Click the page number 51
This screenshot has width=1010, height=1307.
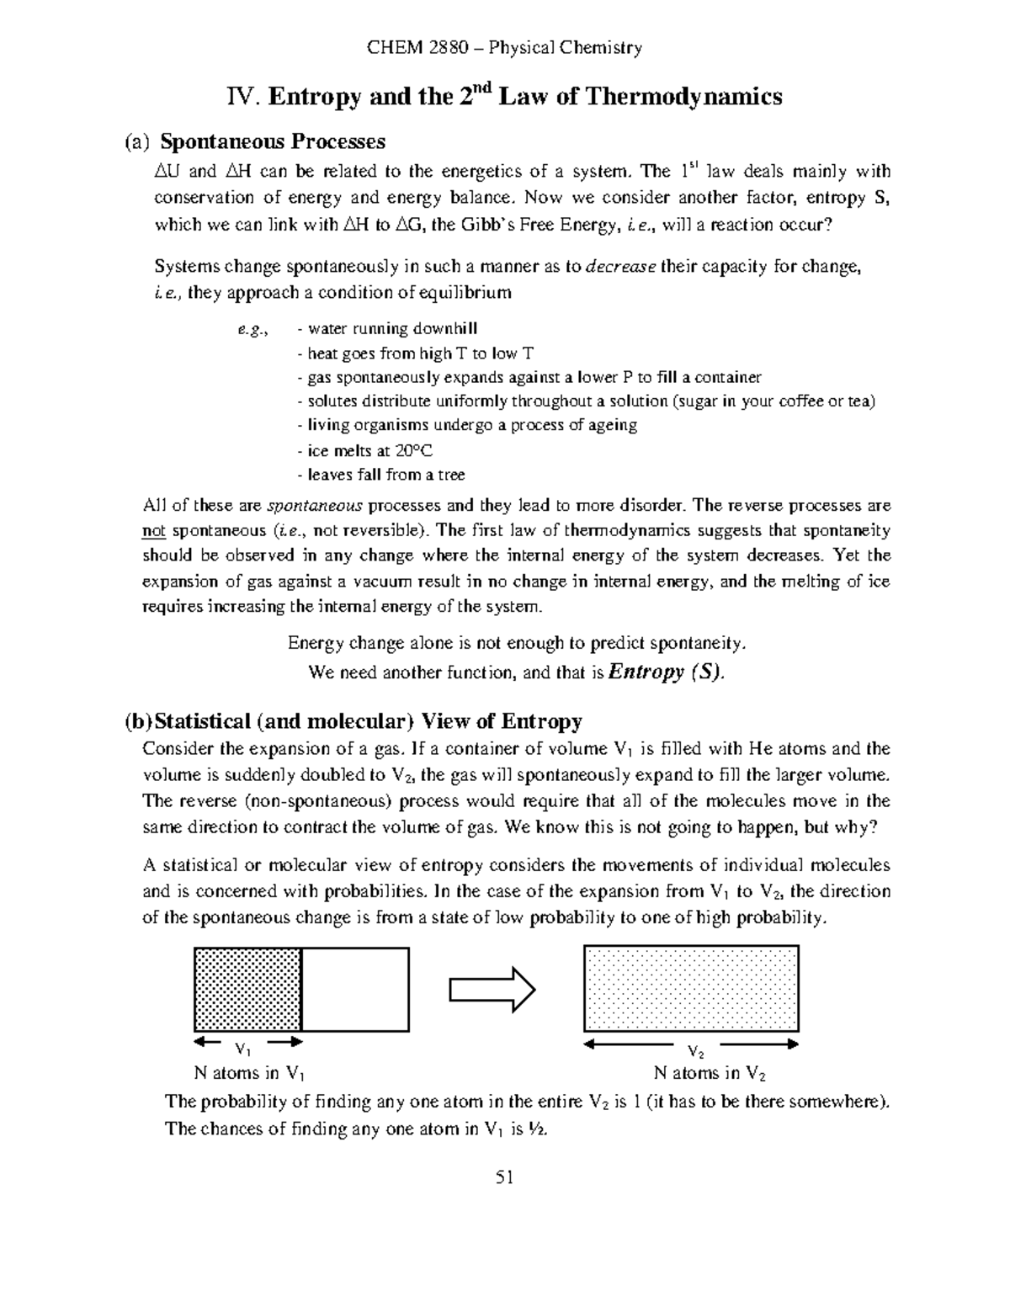504,1177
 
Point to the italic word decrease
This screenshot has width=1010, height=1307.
620,268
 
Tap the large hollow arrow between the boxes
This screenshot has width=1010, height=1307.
492,989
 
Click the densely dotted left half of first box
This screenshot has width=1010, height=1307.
247,989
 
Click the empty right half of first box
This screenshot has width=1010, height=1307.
355,989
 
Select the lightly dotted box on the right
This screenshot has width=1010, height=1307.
690,989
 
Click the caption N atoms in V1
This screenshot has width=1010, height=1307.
249,1073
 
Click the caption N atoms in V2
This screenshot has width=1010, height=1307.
710,1073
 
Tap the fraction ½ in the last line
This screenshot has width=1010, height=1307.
537,1129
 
